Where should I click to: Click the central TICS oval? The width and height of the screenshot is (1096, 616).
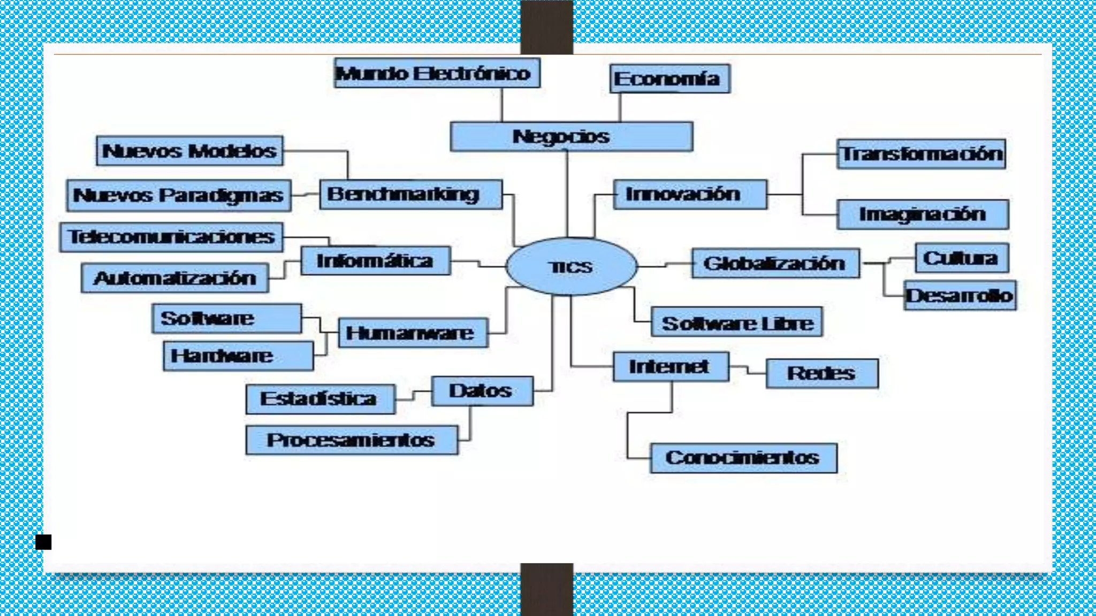571,266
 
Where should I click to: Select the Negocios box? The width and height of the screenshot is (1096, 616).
571,137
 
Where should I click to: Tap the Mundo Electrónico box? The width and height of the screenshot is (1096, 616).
437,73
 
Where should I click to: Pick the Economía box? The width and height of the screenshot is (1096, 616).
669,79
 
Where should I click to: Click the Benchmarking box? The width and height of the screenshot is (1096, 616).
410,194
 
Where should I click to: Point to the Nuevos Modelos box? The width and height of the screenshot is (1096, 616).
189,151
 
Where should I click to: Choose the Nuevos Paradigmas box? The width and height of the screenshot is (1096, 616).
179,195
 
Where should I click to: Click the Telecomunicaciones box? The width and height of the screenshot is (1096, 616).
171,237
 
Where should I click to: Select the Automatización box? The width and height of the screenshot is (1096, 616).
174,278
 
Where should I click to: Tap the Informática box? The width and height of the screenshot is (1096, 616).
375,261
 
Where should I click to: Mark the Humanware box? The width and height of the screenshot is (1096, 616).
413,333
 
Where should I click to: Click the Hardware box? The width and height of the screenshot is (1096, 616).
238,356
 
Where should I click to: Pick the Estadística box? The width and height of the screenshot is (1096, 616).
321,399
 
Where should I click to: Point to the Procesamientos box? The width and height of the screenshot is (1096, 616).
352,440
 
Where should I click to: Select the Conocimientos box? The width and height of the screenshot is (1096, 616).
743,458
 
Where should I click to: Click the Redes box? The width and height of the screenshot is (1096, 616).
822,373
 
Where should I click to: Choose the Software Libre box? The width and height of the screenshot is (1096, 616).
737,322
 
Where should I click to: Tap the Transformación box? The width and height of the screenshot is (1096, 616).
921,154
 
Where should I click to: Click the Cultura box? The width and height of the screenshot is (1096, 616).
962,258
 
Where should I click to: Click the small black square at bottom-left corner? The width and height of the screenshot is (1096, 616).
43,542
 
